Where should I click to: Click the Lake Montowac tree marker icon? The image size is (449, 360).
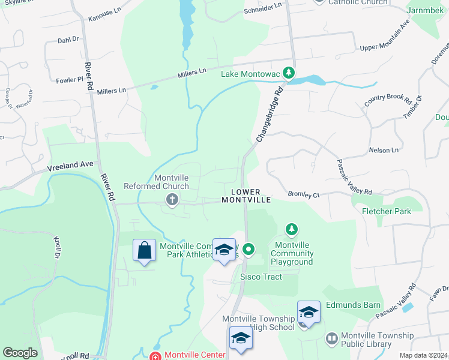tap(289, 73)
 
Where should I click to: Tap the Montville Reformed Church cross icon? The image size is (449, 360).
tap(172, 200)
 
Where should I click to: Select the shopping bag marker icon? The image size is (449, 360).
tap(145, 251)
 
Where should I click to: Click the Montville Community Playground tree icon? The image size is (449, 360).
tap(291, 229)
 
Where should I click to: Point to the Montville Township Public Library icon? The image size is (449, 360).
tap(331, 340)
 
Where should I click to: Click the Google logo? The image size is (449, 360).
tap(20, 353)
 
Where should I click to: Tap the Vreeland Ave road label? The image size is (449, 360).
tap(71, 164)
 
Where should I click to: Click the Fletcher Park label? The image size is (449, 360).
tap(386, 211)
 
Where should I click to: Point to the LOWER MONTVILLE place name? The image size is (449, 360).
tap(247, 196)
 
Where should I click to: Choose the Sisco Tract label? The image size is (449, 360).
tap(261, 277)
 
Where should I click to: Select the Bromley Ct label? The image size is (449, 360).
tap(303, 194)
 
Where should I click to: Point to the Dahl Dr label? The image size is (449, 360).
tap(68, 40)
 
